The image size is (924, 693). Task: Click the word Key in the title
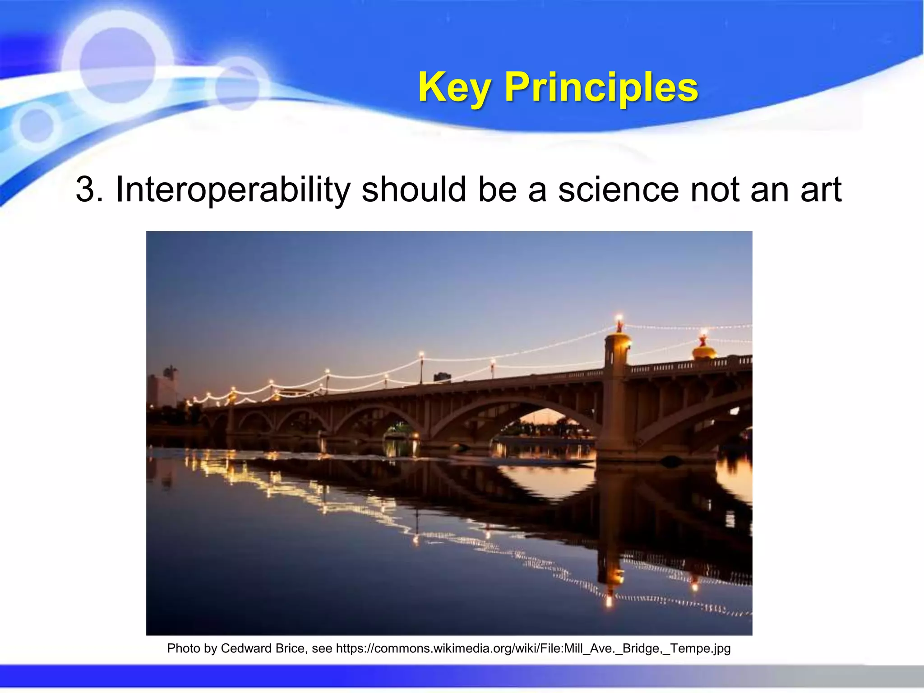point(454,88)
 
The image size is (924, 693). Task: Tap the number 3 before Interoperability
point(84,189)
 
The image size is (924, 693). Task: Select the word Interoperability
point(232,190)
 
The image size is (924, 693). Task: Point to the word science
point(618,189)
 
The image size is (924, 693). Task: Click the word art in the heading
point(821,190)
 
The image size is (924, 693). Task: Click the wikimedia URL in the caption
point(533,649)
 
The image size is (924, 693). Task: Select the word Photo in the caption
point(183,649)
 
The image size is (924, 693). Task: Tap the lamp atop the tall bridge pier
point(619,321)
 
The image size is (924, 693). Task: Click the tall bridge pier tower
point(616,397)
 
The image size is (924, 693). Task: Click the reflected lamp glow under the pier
point(609,598)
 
